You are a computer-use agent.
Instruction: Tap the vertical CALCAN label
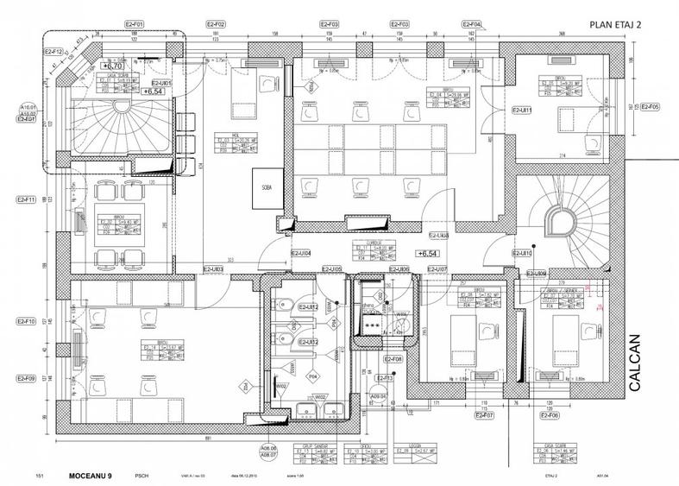(x=638, y=363)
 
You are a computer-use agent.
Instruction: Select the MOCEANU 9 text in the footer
(x=91, y=475)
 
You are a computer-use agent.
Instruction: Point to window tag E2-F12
(x=53, y=52)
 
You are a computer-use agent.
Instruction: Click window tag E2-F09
(x=24, y=379)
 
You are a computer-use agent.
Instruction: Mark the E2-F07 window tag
(x=483, y=415)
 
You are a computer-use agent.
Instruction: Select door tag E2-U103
(x=213, y=270)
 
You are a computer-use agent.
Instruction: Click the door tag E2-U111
(x=522, y=110)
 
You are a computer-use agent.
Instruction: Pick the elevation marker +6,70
(x=113, y=66)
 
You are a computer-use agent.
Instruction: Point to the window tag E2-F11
(x=24, y=199)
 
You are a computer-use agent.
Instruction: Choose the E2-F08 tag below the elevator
(x=393, y=358)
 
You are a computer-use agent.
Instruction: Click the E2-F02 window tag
(x=216, y=24)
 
